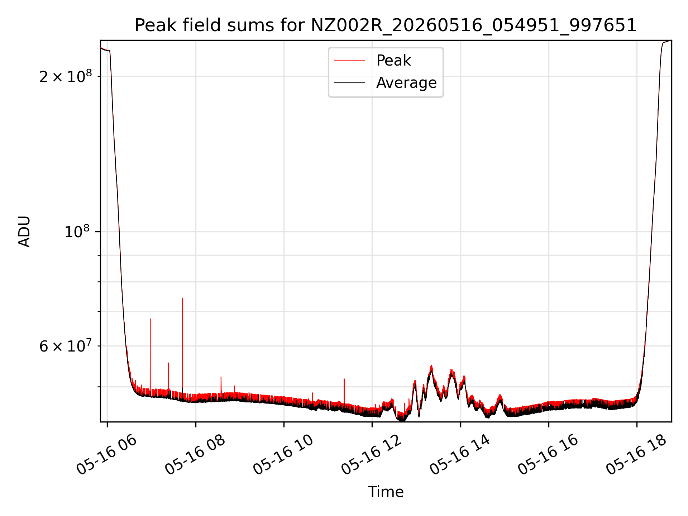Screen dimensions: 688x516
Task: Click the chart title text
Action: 386,25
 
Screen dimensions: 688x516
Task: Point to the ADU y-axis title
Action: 24,231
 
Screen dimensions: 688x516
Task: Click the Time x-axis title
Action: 386,492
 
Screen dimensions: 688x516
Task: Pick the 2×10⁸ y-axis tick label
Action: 66,76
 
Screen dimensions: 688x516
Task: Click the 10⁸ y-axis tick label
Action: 78,231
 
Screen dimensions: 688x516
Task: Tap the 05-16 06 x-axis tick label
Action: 107,454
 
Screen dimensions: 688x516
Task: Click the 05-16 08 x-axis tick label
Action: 195,454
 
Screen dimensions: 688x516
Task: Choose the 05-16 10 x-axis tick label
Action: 283,454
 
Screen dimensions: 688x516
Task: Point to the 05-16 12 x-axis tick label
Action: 372,454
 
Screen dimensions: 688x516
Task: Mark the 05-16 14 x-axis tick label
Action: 460,454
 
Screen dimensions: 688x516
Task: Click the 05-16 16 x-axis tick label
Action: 548,454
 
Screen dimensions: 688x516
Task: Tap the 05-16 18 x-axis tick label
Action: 636,454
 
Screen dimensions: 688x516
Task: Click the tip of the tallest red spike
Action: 182,298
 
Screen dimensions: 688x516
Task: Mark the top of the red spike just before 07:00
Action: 150,319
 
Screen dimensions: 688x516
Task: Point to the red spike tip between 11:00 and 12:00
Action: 344,379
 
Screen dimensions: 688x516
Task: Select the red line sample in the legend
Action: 349,61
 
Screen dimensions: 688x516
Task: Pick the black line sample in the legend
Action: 349,83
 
